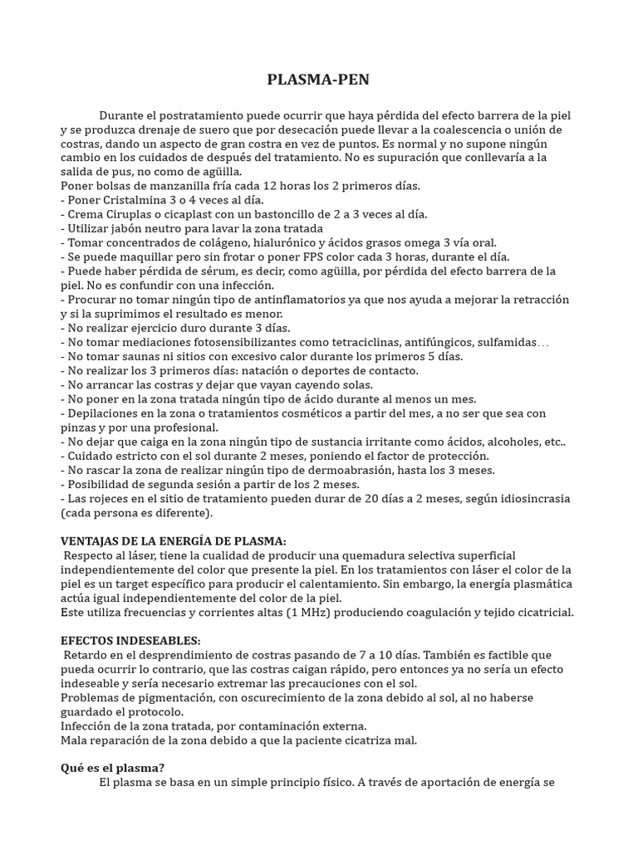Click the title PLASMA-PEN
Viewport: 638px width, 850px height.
[x=318, y=80]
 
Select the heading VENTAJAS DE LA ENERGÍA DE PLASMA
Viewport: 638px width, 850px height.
[x=173, y=540]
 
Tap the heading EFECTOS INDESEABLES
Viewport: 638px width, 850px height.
[x=130, y=641]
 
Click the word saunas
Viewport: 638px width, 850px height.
[x=143, y=356]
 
